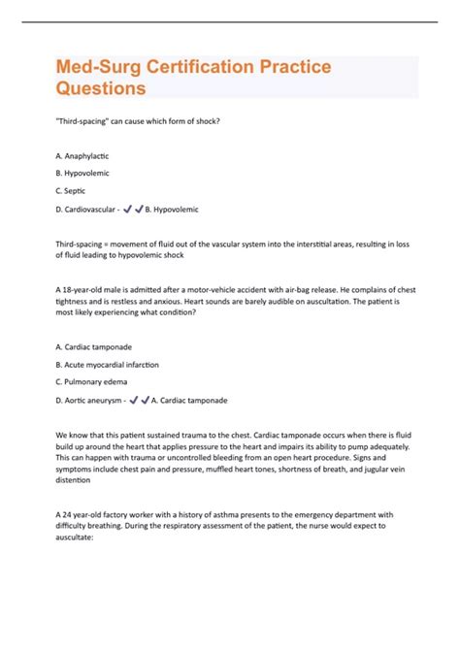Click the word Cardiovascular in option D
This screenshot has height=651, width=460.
(x=94, y=209)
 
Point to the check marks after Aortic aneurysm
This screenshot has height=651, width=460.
(x=140, y=400)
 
